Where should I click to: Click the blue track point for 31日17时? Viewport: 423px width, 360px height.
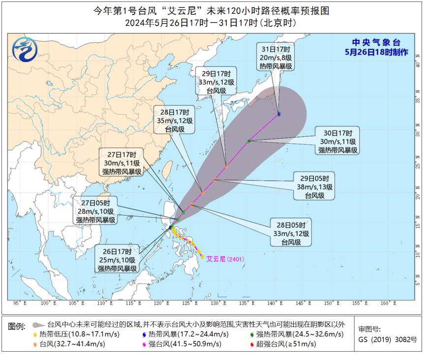click(x=279, y=114)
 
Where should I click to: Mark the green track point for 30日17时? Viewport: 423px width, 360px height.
click(x=249, y=141)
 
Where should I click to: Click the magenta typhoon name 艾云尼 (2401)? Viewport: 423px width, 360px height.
click(x=224, y=258)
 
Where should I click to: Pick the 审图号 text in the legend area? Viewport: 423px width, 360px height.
click(x=369, y=330)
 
